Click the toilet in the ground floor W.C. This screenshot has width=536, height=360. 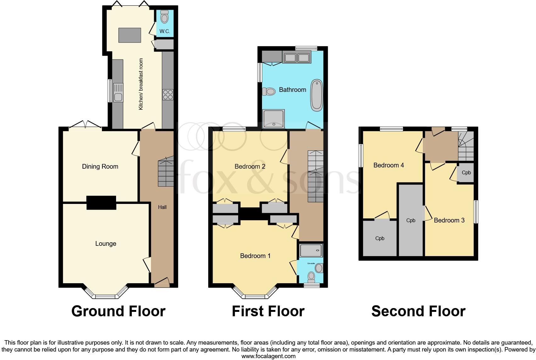pos(165,17)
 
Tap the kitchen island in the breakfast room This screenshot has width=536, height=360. pos(129,35)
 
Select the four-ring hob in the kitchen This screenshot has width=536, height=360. pos(168,95)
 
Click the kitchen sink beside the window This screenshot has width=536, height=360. pos(118,93)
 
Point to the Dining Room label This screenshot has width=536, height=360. pos(100,166)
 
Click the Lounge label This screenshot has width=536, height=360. pos(106,244)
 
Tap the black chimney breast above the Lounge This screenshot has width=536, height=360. pos(101,202)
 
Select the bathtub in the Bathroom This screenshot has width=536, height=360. pos(317,95)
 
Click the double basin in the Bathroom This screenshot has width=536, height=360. pos(296,58)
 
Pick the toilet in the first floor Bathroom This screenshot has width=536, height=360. pos(269,92)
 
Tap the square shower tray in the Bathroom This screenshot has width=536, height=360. pos(274,119)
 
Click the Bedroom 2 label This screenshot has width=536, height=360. pos(250,166)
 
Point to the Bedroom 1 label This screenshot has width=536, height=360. pos(255,256)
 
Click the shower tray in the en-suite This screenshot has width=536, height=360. pos(311,250)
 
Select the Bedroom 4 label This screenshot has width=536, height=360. pos(388,165)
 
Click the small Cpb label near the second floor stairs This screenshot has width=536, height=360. pos(466,172)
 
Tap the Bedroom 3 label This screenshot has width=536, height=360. pos(449,220)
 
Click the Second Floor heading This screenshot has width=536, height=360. pos(418,311)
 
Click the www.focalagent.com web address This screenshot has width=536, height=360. pos(268,356)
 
